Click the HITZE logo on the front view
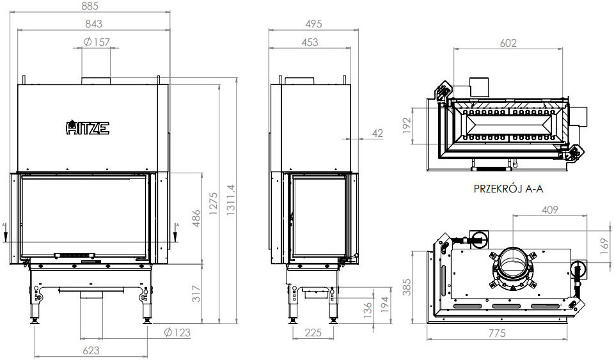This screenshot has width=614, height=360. click(88, 128)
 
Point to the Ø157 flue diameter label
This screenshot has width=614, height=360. click(97, 42)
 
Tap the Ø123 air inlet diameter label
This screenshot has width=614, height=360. click(177, 333)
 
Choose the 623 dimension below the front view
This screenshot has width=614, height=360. click(91, 350)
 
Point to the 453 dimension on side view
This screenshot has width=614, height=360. click(310, 42)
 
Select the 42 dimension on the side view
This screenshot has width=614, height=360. click(377, 133)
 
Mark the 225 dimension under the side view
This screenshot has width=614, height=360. click(313, 333)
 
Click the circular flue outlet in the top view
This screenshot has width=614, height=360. click(515, 264)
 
